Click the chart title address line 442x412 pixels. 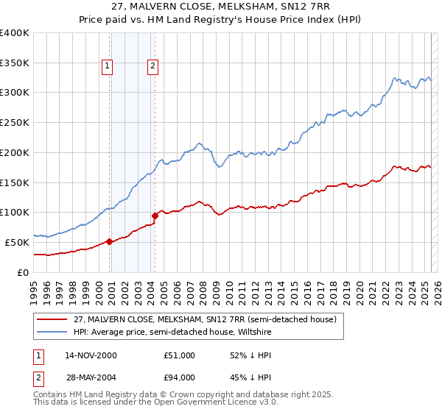[x=221, y=7]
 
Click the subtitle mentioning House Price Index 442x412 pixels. [x=221, y=20]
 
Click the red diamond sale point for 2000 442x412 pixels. [x=110, y=241]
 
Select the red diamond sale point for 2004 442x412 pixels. [x=155, y=216]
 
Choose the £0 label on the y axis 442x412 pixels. [x=23, y=272]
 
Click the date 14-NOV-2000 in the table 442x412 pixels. [x=91, y=355]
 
